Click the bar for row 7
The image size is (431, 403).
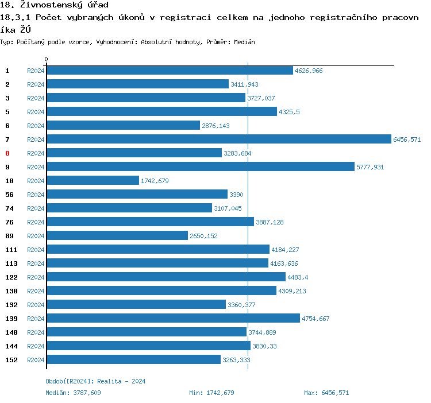click(x=218, y=139)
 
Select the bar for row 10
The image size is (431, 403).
click(x=93, y=180)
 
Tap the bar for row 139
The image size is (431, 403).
click(x=173, y=318)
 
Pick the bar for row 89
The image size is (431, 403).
click(x=117, y=235)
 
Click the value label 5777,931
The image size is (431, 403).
click(x=370, y=167)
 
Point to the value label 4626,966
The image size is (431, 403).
click(x=309, y=71)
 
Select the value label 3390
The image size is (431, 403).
click(x=236, y=195)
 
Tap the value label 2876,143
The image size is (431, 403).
click(x=215, y=126)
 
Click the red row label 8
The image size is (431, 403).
click(x=7, y=153)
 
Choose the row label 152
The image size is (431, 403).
click(x=11, y=360)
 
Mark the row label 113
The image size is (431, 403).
click(x=11, y=263)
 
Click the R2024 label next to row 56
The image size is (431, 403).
click(x=36, y=195)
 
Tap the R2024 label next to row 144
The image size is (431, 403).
click(x=36, y=346)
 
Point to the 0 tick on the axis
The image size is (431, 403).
click(x=47, y=60)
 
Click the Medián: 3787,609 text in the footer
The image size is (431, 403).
click(x=73, y=393)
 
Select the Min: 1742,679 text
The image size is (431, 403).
click(x=211, y=393)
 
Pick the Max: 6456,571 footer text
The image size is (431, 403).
click(x=326, y=393)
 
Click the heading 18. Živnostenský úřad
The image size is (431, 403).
click(x=54, y=5)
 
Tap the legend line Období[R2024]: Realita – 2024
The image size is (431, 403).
click(x=95, y=381)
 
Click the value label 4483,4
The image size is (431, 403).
click(x=298, y=277)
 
